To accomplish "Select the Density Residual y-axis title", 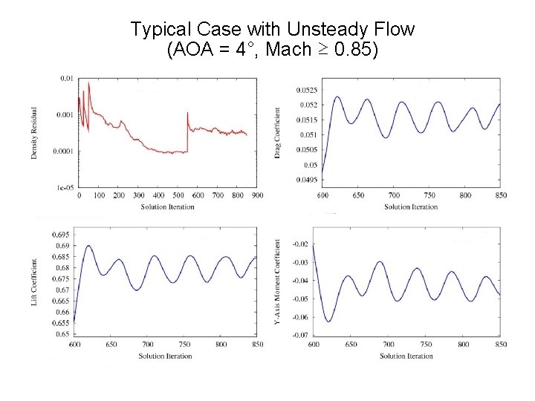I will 34,131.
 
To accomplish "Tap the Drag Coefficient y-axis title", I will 277,132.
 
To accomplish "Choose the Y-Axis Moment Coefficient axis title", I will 277,282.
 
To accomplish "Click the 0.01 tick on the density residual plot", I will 66,78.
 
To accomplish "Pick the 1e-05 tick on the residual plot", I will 65,188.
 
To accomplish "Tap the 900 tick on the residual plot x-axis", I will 256,196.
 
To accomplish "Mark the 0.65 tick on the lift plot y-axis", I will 63,334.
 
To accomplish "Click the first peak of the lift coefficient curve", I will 88,246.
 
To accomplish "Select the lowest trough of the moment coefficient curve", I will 329,322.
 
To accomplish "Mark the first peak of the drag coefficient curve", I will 337,97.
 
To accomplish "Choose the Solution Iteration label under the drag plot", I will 408,206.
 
